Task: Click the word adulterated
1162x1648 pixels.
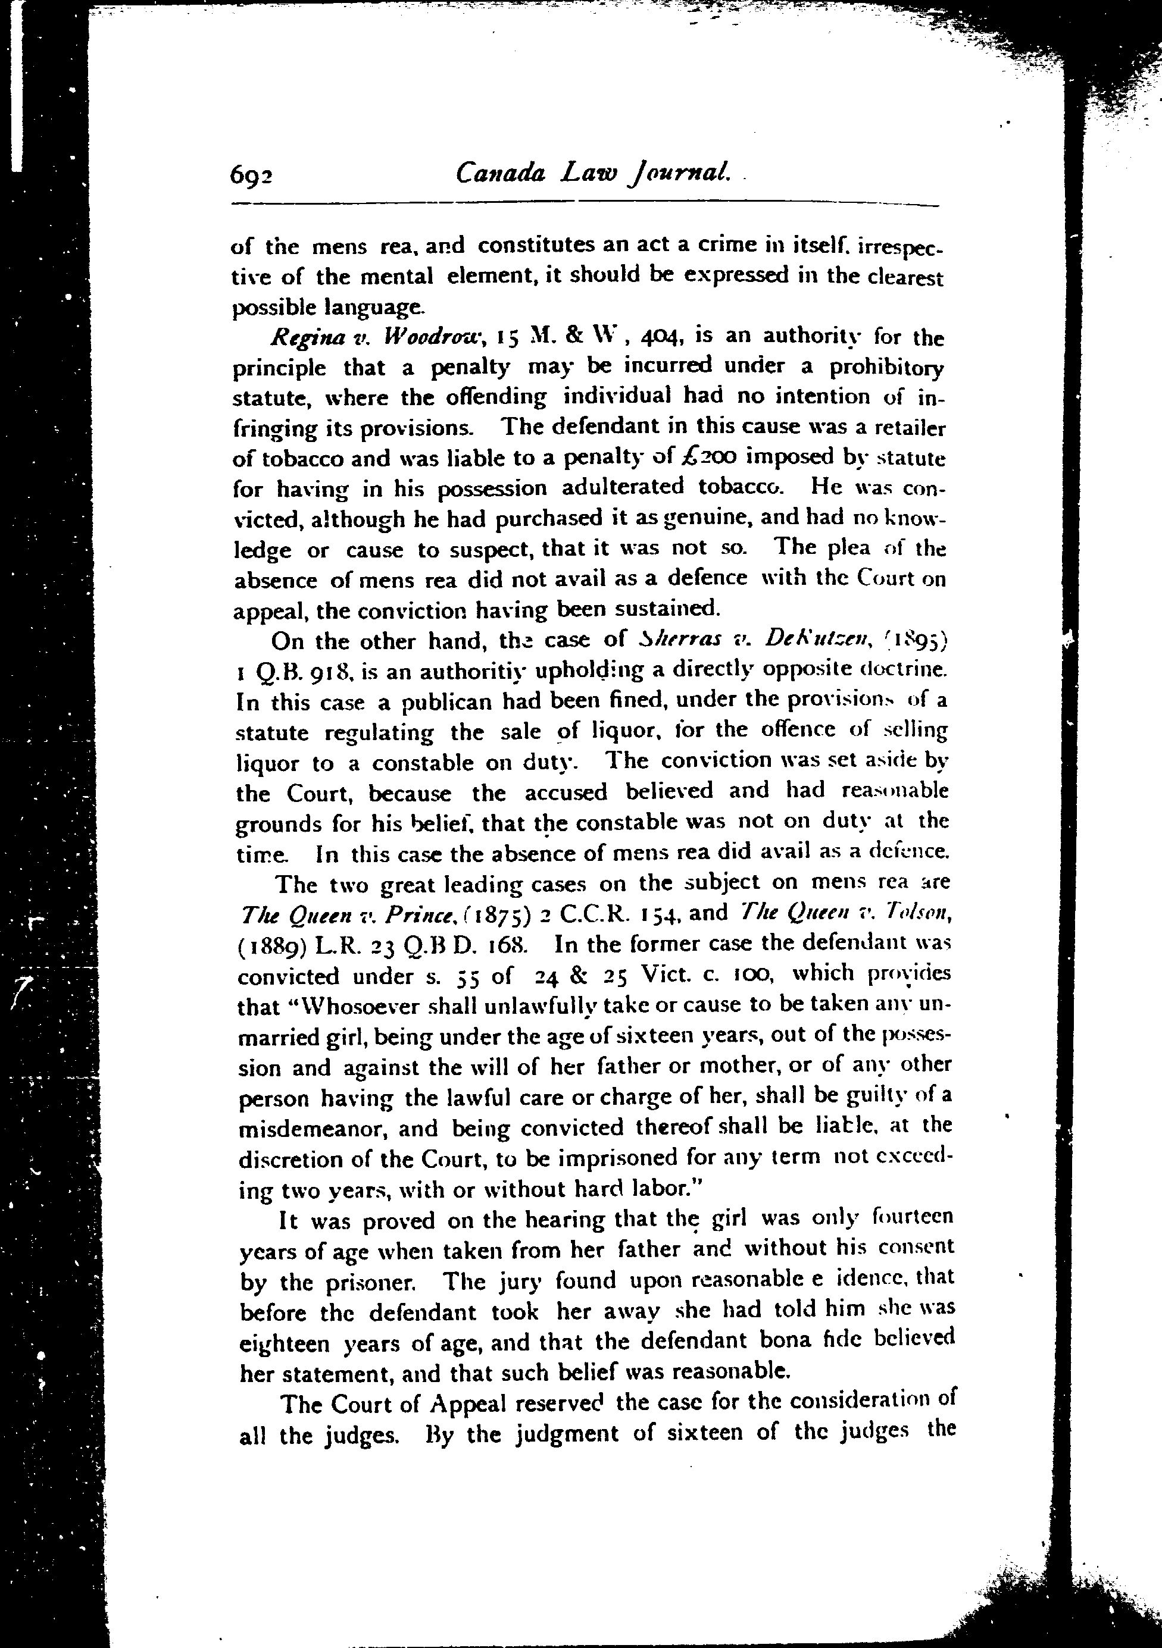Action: point(622,487)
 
